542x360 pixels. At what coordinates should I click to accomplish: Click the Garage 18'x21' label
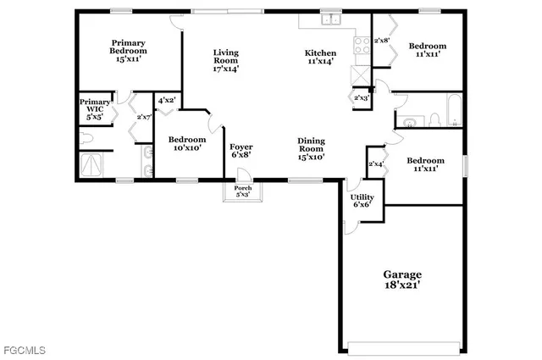coord(402,280)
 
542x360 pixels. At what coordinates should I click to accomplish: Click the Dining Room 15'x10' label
coord(311,148)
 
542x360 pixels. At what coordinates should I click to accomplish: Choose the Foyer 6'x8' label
coord(241,151)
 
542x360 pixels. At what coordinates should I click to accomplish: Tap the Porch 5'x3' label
coord(242,191)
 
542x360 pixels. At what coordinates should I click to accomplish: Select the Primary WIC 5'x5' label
coord(95,108)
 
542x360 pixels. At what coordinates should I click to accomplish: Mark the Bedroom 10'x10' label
coord(185,143)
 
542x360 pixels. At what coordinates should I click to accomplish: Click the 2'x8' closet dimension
coord(383,40)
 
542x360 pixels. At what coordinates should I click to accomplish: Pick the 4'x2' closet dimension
coord(166,100)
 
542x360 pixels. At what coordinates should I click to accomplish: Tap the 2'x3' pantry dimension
coord(361,97)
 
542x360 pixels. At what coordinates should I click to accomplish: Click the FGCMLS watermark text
coord(23,350)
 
